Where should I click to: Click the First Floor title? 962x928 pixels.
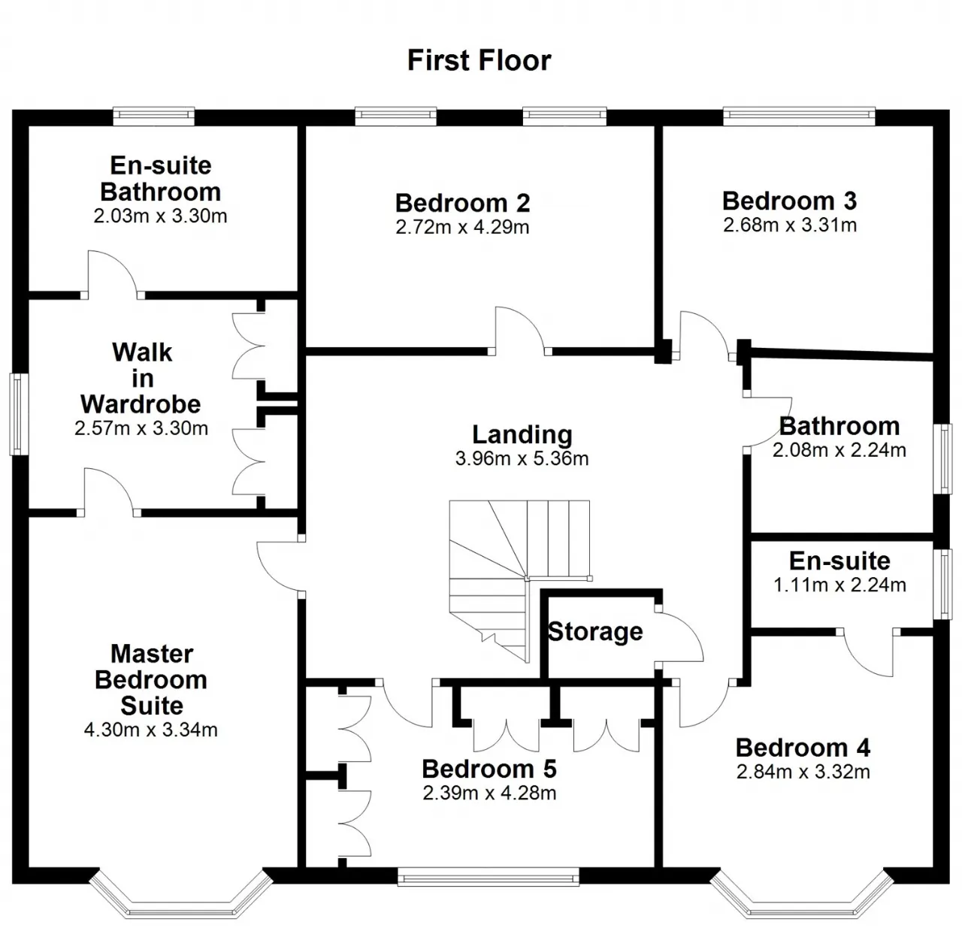pyautogui.click(x=479, y=60)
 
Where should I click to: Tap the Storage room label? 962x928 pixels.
pyautogui.click(x=595, y=631)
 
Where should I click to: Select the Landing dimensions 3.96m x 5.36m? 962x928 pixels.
pyautogui.click(x=522, y=458)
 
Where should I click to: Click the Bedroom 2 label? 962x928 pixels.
pyautogui.click(x=463, y=203)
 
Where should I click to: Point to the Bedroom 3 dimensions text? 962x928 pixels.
pyautogui.click(x=789, y=225)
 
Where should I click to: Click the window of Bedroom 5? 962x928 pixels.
pyautogui.click(x=488, y=878)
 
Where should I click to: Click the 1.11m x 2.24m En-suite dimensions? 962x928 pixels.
pyautogui.click(x=839, y=585)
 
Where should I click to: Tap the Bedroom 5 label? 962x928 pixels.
pyautogui.click(x=489, y=769)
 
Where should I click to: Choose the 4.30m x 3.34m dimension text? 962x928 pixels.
pyautogui.click(x=151, y=730)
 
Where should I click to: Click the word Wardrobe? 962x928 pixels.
pyautogui.click(x=141, y=404)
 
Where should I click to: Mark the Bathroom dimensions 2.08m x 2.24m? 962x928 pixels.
pyautogui.click(x=839, y=450)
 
